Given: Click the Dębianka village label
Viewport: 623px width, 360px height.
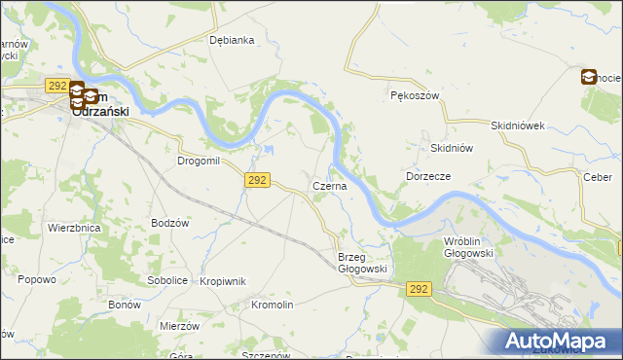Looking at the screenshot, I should (x=232, y=40).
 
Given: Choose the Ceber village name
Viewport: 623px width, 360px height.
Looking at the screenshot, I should (x=597, y=176).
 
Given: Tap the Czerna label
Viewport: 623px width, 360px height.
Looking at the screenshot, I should (x=328, y=186).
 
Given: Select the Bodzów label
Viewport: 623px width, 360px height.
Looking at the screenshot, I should (x=169, y=223).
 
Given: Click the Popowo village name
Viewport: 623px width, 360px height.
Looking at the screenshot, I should (x=35, y=279).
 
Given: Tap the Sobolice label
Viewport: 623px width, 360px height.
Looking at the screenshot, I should (x=166, y=280).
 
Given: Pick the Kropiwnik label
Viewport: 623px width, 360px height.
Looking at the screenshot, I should (x=222, y=281).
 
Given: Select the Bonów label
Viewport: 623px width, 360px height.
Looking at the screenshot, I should (x=125, y=305).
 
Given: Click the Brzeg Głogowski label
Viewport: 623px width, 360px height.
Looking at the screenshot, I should (x=363, y=263).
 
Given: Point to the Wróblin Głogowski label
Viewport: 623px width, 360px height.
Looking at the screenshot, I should (x=468, y=246).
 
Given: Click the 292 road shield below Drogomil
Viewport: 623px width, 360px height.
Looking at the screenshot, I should (x=257, y=180).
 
